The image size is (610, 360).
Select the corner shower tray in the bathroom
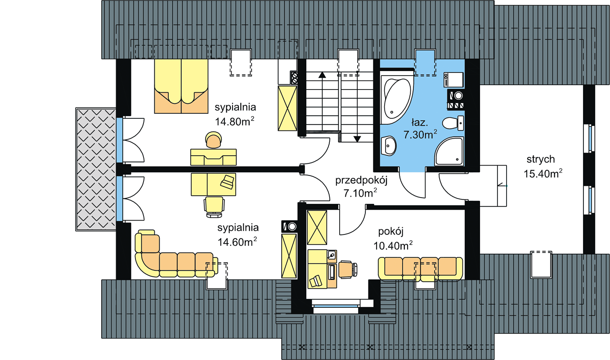tap(449, 151)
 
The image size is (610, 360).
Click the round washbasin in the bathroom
tap(389, 146)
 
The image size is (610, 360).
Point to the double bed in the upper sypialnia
tap(181, 86)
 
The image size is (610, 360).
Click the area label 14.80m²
tap(235, 121)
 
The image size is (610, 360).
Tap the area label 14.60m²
tap(237, 242)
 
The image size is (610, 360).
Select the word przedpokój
tap(361, 180)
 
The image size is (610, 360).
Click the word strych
tap(541, 159)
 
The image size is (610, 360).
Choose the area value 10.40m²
tap(393, 246)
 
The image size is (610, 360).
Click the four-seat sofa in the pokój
tap(421, 269)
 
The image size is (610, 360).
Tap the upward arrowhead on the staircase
tap(322, 75)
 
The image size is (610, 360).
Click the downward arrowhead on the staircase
tap(357, 139)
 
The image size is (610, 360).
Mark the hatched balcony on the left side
tap(96, 169)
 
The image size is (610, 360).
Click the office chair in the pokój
tap(348, 269)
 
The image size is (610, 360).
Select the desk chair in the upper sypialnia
tap(214, 140)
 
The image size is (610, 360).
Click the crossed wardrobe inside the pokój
tap(317, 227)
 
